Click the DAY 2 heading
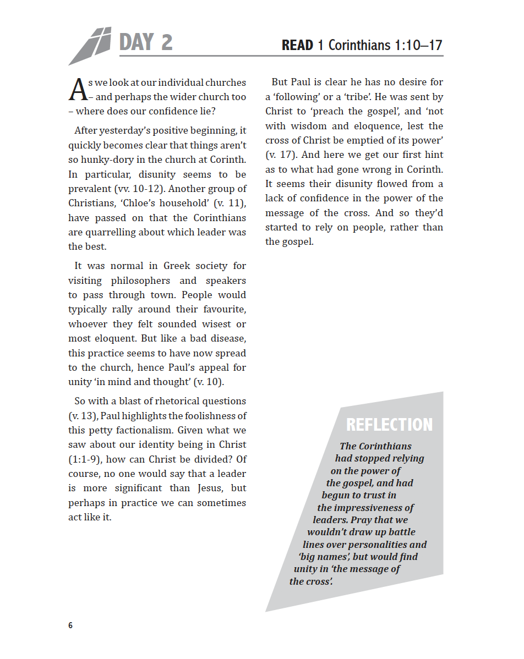click(146, 42)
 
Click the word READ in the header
click(297, 45)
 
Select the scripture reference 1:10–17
click(418, 45)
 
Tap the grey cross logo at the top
click(91, 45)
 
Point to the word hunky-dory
click(112, 160)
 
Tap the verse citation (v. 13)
click(83, 416)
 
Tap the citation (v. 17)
click(281, 155)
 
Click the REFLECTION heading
click(389, 425)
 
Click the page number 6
click(70, 625)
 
